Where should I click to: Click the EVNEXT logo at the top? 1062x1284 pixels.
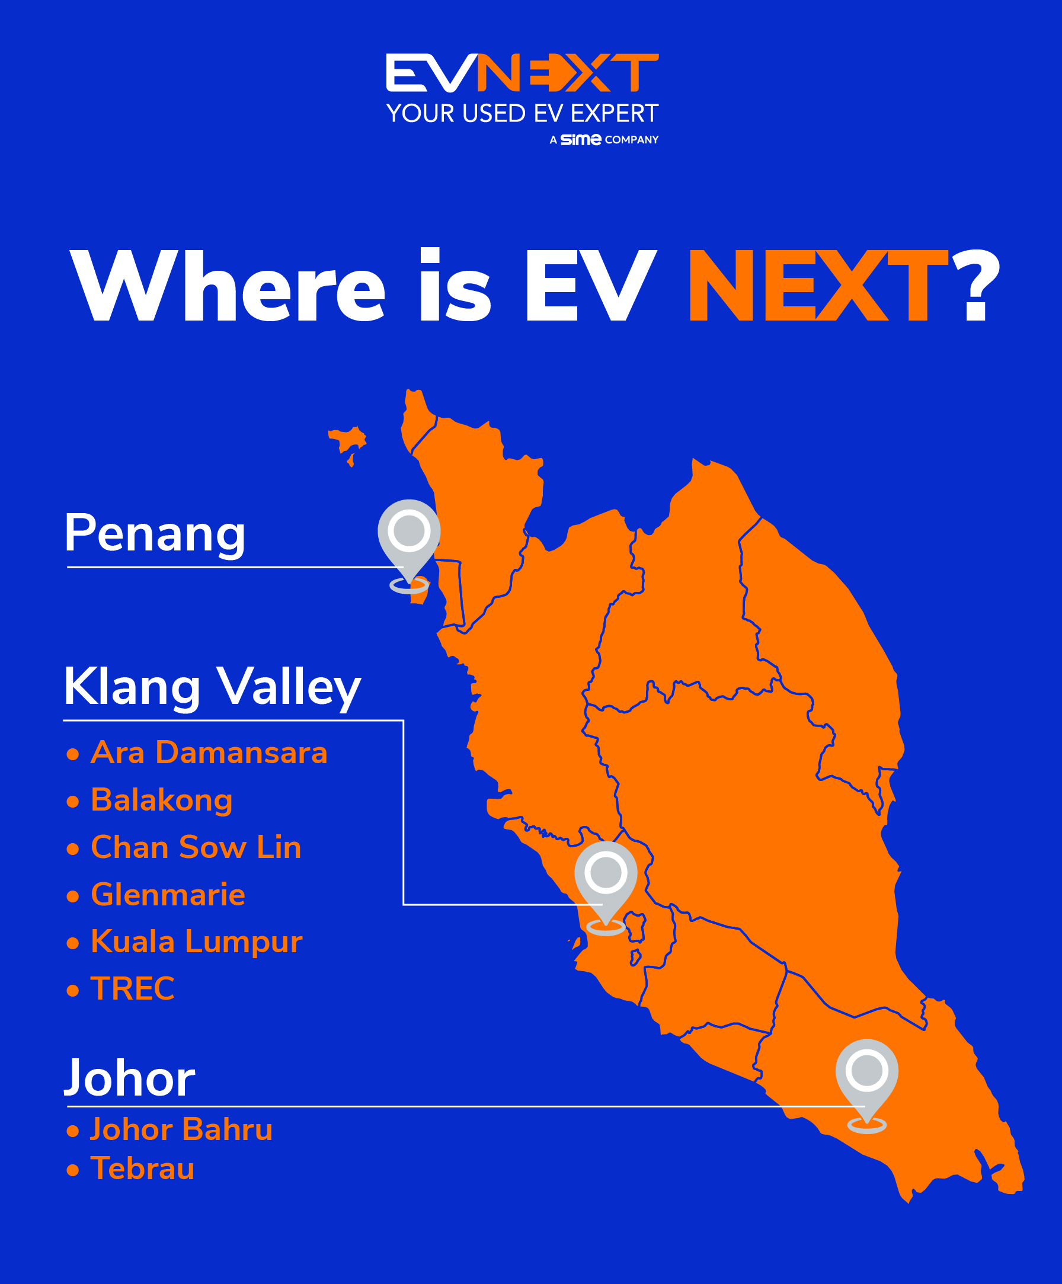(x=522, y=73)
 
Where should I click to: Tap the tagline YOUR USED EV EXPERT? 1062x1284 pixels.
(x=522, y=114)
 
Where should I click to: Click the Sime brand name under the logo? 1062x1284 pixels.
(x=580, y=139)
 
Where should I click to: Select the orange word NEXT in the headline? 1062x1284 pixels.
(x=818, y=285)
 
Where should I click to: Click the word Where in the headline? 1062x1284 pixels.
(x=228, y=285)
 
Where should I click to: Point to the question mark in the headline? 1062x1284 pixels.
(x=977, y=285)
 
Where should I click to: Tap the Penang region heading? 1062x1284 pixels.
(x=155, y=533)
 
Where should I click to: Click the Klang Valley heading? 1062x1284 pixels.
(x=212, y=687)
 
